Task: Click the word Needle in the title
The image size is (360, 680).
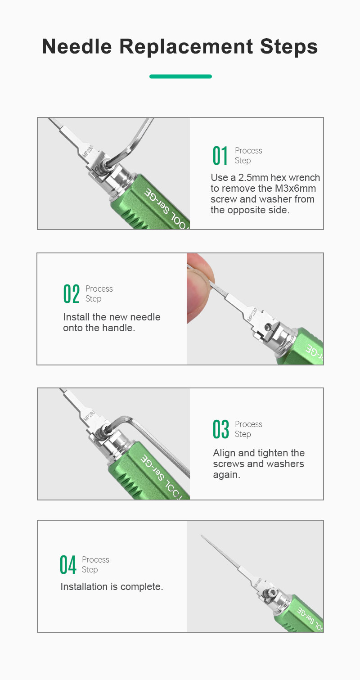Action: pos(77,46)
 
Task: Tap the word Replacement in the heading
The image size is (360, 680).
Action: pos(186,46)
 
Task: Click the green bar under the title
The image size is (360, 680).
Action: pos(180,77)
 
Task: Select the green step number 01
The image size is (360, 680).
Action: pos(220,155)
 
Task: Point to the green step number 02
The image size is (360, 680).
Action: pos(72,293)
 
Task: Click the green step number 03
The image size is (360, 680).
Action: pos(220,429)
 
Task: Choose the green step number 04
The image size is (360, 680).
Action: pos(67,564)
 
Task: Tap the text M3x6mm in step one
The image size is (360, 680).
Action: pos(295,188)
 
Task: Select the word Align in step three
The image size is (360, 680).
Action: pos(224,453)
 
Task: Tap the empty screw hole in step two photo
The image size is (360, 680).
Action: pos(268,327)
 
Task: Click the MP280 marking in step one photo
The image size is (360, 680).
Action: pos(88,151)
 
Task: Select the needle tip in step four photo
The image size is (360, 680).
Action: pos(202,536)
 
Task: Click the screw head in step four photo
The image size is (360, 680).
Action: pos(270,593)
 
